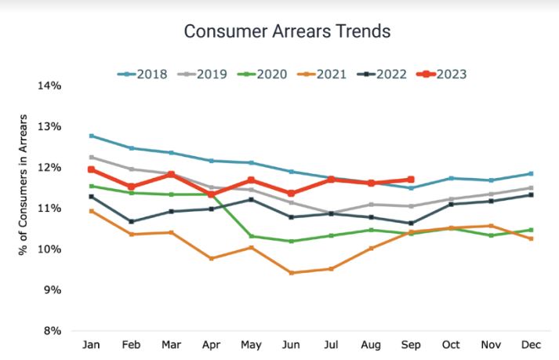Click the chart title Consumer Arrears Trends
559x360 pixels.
[x=286, y=32]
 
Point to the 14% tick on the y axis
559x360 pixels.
[x=49, y=85]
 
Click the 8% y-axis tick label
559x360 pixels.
[x=52, y=330]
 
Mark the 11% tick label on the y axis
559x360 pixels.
[x=49, y=208]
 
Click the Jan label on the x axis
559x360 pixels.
[x=91, y=345]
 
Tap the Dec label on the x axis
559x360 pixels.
[x=531, y=345]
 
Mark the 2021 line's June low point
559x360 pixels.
[x=292, y=273]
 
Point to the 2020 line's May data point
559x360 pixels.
[x=252, y=236]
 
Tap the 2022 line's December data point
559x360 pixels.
[x=531, y=195]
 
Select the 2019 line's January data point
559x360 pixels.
[x=92, y=157]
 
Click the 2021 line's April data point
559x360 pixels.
[x=212, y=258]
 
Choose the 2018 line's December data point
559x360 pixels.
[x=531, y=173]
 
